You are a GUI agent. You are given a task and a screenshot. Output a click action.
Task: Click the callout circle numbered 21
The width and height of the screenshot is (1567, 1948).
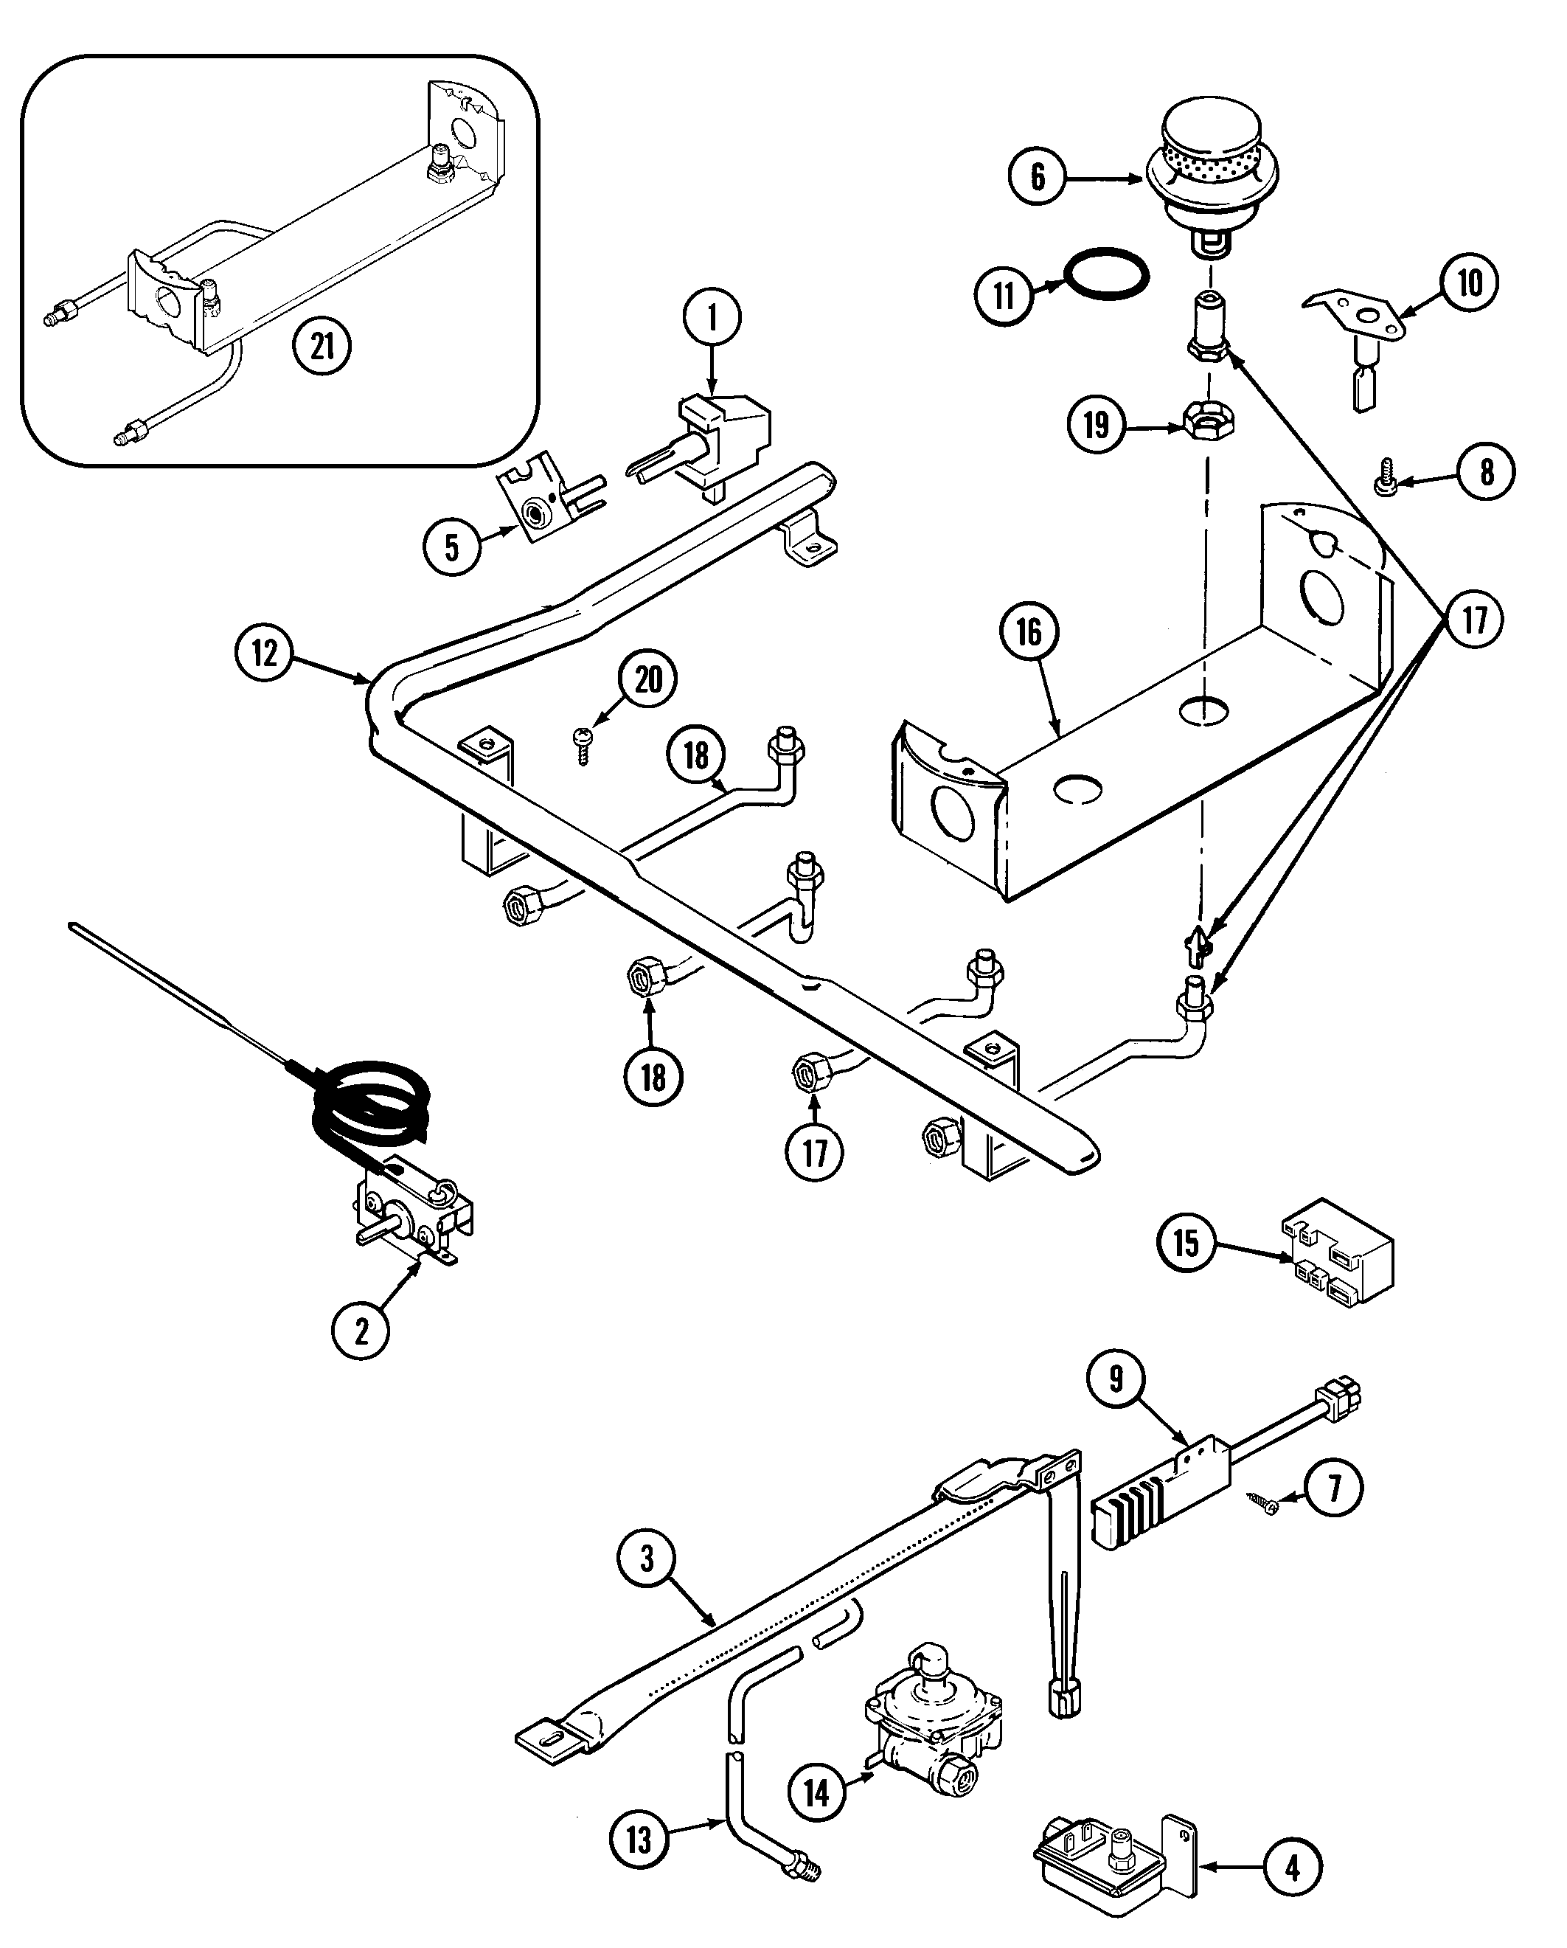[322, 345]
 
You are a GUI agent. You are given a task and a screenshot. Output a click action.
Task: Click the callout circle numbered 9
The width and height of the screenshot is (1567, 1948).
[1117, 1379]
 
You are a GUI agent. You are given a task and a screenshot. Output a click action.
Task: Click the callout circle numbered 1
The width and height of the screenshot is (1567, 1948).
[712, 317]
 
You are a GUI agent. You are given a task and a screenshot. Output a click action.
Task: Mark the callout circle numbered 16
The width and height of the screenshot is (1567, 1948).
[1029, 631]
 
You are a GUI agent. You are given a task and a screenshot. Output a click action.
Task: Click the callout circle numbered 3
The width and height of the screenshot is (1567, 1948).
[647, 1558]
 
